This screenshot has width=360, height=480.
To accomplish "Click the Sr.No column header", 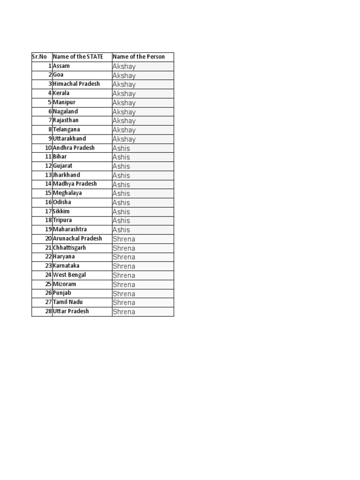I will pos(39,57).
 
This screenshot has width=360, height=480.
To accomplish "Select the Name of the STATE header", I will pos(78,57).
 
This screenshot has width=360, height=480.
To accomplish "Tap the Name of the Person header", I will pos(139,57).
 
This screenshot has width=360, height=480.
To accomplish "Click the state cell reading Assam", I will pos(61,66).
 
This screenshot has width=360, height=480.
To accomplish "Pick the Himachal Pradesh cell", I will pos(76,84).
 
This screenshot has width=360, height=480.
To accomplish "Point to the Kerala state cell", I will pos(61,93).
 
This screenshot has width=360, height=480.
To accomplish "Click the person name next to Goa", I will pos(124,75).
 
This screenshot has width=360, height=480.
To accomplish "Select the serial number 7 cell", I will pos(49,120).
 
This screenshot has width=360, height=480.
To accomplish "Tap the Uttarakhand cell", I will pos(69,139).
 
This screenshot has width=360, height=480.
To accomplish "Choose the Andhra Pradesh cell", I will pos(74,148).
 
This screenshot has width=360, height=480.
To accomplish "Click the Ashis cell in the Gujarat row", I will pos(121,166).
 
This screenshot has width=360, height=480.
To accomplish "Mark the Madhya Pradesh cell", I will pos(75,184).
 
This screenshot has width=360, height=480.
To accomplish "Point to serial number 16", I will pos(48,202).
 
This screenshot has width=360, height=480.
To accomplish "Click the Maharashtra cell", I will pos(70,229).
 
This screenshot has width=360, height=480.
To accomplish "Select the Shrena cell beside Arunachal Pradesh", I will pos(124,239).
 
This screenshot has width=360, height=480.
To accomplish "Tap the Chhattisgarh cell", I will pos(69,247).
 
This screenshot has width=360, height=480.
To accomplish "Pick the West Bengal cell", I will pos(69,275).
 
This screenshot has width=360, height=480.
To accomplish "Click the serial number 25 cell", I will pos(48,284).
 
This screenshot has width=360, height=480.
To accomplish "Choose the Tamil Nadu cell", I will pos(67,302).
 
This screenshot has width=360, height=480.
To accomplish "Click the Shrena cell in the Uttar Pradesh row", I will pos(124,312).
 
